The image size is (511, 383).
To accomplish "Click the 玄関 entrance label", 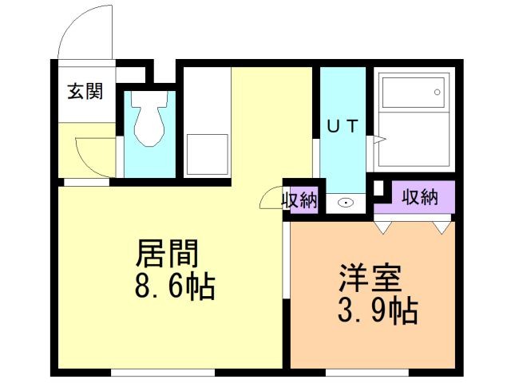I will [x=85, y=92].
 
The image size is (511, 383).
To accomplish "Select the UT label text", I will [x=343, y=124].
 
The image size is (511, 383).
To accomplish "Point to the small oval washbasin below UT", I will [x=345, y=203].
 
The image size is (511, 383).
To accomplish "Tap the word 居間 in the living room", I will [x=168, y=255].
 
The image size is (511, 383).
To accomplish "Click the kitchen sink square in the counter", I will [x=207, y=153].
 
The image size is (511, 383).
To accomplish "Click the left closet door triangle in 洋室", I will [x=386, y=227].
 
